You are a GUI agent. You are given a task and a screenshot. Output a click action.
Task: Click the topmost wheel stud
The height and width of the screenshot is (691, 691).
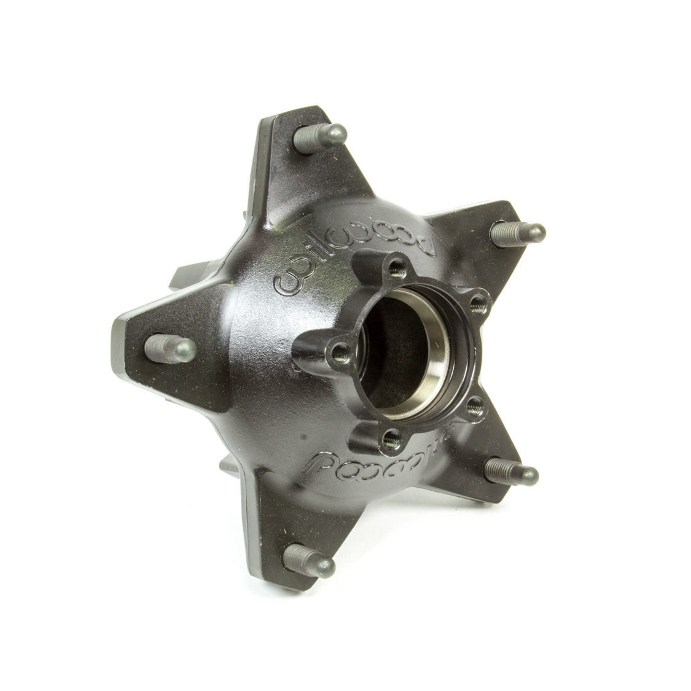(x=321, y=138)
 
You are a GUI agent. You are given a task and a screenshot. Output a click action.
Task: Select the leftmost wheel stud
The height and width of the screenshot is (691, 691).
(x=170, y=348)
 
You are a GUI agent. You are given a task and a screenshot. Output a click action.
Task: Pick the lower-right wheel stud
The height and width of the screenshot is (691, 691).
(x=511, y=472)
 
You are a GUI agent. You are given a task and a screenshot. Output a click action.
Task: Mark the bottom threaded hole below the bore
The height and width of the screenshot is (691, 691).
(x=389, y=437)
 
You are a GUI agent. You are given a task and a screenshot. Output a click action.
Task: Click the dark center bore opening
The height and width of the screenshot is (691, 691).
(x=393, y=356)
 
